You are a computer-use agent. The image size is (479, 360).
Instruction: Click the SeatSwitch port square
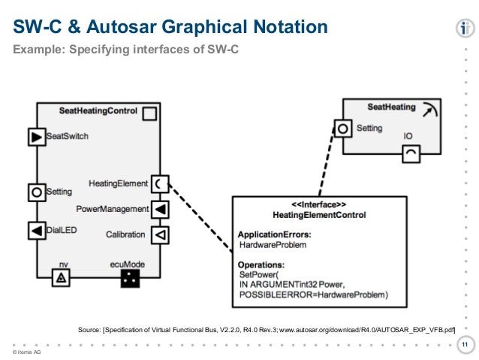click(x=37, y=137)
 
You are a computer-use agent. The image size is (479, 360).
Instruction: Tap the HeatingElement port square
click(x=160, y=184)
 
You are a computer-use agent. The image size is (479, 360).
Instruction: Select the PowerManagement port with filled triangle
click(x=160, y=210)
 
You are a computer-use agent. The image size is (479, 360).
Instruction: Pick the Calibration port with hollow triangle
click(x=160, y=235)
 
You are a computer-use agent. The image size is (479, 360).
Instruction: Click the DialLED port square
click(x=37, y=231)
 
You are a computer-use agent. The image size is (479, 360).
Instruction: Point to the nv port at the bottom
click(x=61, y=278)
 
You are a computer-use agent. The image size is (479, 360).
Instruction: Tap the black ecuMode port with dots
click(x=130, y=278)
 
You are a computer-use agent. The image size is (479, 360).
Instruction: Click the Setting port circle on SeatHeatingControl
click(x=37, y=192)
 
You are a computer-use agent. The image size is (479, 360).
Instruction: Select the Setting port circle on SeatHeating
click(x=343, y=129)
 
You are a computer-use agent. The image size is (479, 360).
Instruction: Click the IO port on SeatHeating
click(x=411, y=154)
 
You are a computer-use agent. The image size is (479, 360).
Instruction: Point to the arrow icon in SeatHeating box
click(x=430, y=110)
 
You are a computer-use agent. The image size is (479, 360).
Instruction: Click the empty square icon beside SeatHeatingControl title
click(x=149, y=113)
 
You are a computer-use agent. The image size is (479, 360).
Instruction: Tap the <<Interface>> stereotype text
click(x=319, y=204)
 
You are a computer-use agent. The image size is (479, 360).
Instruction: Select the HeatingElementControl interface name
click(x=319, y=215)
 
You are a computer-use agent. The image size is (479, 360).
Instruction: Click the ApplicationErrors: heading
click(x=275, y=234)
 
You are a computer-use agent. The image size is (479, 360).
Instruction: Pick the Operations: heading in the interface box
click(x=261, y=265)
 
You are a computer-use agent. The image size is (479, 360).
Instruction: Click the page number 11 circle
click(x=465, y=345)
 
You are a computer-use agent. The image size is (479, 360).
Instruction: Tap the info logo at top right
click(x=465, y=29)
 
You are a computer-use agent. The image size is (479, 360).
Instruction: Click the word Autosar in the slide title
click(x=122, y=26)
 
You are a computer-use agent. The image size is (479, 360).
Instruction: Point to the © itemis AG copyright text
click(x=26, y=352)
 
